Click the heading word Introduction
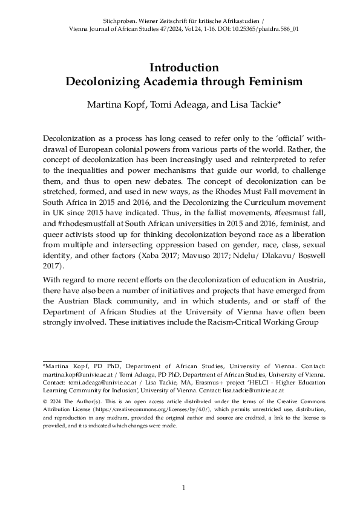tap(180, 67)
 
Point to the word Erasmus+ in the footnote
tap(224, 383)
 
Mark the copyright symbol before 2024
tap(45, 401)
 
